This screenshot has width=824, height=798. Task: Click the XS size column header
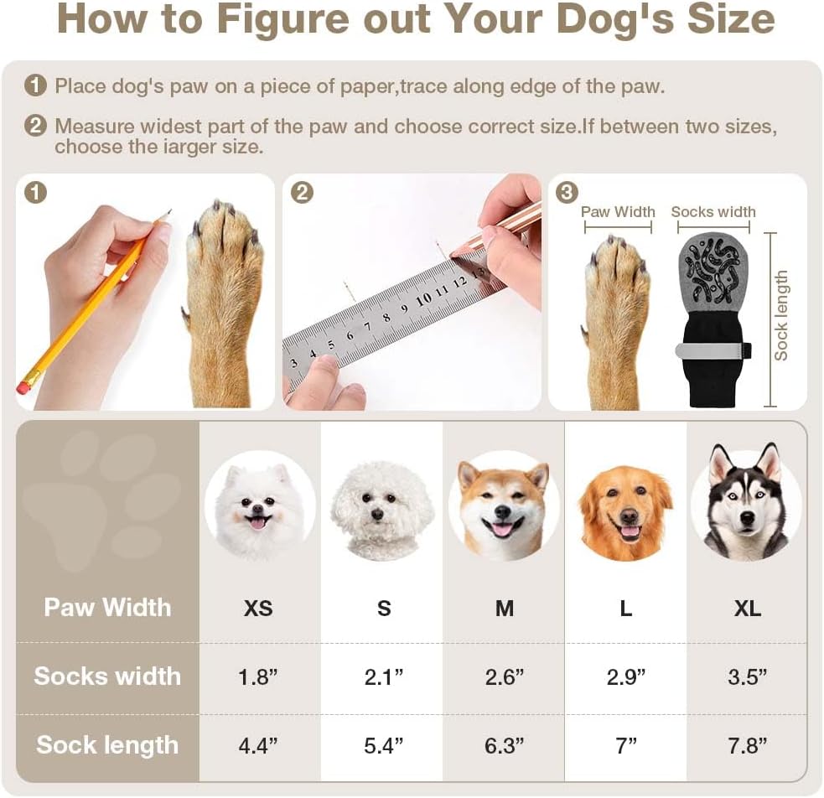258,608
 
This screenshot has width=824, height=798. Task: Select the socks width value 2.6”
505,676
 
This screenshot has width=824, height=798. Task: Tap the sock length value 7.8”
747,745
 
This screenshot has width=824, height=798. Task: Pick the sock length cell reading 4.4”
257,745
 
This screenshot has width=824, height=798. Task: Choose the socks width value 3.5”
747,676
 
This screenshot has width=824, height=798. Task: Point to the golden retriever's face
625,512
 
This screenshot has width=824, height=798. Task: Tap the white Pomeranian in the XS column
259,507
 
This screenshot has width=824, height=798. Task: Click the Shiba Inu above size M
504,508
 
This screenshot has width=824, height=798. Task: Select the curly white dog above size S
382,510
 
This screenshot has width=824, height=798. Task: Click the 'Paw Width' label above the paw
618,212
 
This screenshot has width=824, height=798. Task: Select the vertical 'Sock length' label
781,315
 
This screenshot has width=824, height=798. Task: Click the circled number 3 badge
567,193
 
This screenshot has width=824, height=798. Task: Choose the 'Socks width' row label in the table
107,676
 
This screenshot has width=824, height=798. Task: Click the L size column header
625,609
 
